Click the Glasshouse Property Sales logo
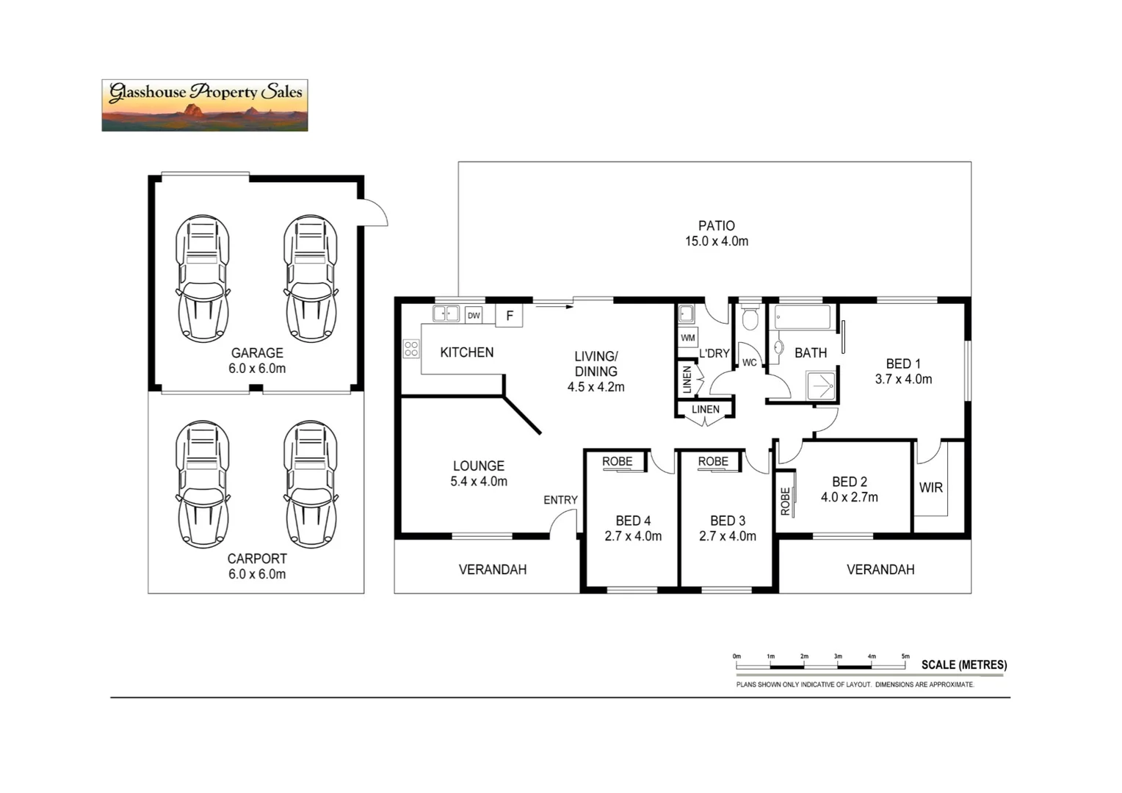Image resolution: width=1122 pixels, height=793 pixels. pyautogui.click(x=205, y=106)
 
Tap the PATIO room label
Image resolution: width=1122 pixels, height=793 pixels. pyautogui.click(x=716, y=226)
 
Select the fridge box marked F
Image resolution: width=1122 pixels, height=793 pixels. pyautogui.click(x=510, y=316)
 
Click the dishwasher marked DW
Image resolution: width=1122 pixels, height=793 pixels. pyautogui.click(x=474, y=316)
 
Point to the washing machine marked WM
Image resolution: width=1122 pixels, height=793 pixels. pyautogui.click(x=688, y=338)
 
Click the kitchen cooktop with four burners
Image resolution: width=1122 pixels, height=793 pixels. pyautogui.click(x=411, y=349)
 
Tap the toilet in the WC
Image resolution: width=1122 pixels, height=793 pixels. pyautogui.click(x=750, y=318)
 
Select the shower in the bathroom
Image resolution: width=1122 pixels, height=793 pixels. pyautogui.click(x=821, y=385)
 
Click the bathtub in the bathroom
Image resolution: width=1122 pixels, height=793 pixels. pyautogui.click(x=803, y=318)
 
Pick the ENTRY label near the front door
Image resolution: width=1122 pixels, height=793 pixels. pyautogui.click(x=560, y=500)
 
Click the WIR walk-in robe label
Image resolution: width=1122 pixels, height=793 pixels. pyautogui.click(x=930, y=488)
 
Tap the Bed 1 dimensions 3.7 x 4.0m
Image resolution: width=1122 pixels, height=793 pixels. pyautogui.click(x=903, y=380)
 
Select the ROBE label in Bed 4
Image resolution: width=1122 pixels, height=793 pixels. pyautogui.click(x=617, y=462)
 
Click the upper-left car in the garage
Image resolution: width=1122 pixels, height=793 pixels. pyautogui.click(x=203, y=278)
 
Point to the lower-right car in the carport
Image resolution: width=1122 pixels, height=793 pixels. pyautogui.click(x=311, y=484)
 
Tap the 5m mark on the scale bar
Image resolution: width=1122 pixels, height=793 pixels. pyautogui.click(x=905, y=656)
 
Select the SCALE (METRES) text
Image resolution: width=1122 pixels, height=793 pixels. pyautogui.click(x=964, y=665)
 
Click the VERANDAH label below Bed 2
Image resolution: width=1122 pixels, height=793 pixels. pyautogui.click(x=880, y=570)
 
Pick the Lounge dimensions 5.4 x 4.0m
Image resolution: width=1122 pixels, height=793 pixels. pyautogui.click(x=479, y=482)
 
